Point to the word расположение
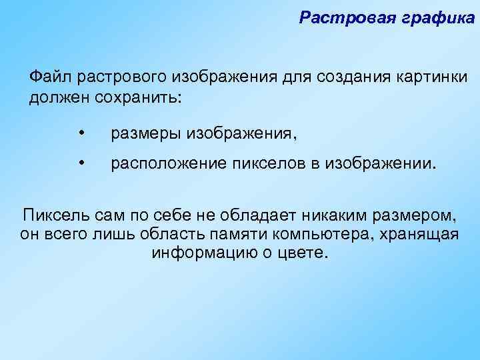[x=164, y=164]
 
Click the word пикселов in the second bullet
[x=258, y=164]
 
